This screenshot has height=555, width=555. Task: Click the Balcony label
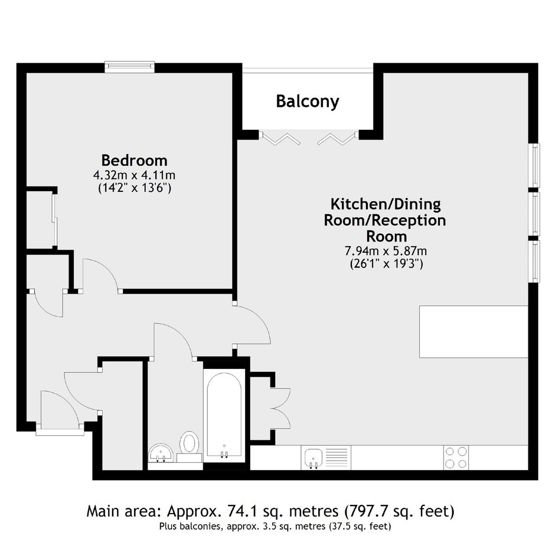click(307, 102)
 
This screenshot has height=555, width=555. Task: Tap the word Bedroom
click(135, 161)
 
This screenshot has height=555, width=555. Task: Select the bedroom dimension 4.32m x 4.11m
click(134, 175)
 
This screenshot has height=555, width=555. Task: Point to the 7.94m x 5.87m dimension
click(386, 251)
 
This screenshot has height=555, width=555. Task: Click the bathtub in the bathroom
click(224, 416)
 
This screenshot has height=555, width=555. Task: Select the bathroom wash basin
click(161, 453)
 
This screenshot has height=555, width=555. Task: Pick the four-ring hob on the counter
click(456, 458)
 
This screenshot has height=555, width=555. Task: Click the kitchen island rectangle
click(474, 332)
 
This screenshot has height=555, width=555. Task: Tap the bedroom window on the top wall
click(129, 67)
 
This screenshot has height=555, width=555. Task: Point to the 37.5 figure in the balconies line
click(338, 526)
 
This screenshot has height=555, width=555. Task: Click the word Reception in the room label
click(409, 220)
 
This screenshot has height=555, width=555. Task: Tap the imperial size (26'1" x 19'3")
click(386, 264)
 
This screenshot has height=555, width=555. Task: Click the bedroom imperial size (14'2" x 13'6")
click(135, 188)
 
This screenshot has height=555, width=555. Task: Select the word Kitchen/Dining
click(386, 204)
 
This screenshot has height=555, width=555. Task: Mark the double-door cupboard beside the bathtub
click(270, 409)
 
